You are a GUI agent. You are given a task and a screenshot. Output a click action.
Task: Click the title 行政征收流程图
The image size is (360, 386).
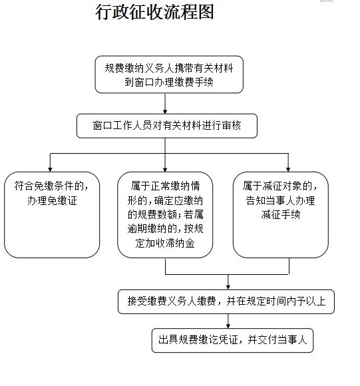154,12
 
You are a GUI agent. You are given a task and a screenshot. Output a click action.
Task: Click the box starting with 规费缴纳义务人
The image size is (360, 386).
169,75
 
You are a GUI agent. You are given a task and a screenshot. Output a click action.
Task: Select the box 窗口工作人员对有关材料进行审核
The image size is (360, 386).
167,126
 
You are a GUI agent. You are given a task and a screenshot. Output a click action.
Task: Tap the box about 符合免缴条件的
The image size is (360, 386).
52,215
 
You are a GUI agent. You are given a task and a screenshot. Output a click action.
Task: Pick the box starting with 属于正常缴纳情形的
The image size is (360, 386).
165,215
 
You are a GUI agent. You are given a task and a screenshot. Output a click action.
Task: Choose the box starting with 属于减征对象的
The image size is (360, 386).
281,215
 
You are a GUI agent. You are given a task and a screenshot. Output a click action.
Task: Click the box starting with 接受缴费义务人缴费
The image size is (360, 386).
226,301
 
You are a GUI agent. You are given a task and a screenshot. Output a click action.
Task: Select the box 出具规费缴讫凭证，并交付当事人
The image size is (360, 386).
232,340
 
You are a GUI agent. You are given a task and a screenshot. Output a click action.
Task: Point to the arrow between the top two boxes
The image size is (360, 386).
165,103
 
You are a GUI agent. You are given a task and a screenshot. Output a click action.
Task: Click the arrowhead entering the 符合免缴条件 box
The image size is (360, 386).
50,169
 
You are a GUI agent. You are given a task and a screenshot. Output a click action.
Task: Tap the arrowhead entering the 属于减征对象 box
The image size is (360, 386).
288,169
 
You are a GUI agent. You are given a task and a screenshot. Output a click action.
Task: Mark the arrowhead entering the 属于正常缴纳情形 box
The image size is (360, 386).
165,169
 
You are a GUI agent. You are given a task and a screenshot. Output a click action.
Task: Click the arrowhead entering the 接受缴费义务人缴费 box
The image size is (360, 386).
228,287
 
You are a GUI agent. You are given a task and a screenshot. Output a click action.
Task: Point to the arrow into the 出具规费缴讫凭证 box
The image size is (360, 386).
228,321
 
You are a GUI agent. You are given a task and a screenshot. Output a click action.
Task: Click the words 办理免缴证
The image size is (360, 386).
52,200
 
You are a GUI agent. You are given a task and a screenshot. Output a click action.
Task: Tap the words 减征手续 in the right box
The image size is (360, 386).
281,214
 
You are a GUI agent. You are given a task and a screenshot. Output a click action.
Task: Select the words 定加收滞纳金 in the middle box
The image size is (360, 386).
165,243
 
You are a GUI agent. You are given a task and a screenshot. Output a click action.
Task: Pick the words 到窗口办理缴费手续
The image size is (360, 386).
169,82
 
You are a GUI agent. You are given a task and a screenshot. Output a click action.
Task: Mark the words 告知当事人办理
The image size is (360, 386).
281,200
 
